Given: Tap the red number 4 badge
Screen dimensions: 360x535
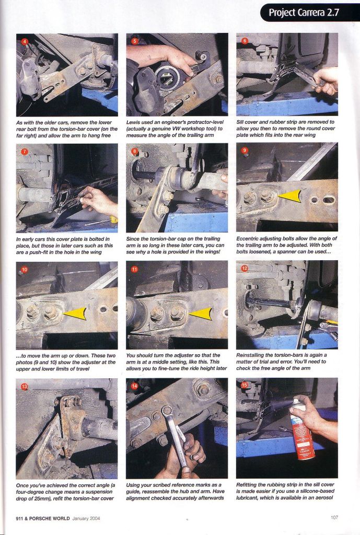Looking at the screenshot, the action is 24,42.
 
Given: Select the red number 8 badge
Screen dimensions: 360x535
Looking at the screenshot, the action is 135,151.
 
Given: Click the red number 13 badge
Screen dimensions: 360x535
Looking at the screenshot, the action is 24,386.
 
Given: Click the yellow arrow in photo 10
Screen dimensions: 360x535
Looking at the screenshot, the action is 74,313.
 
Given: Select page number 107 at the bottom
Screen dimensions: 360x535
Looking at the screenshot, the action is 334,517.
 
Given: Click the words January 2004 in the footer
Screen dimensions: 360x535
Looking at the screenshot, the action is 86,518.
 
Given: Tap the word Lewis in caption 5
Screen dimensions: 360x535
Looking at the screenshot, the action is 133,122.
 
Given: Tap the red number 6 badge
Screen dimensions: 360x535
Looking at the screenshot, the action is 245,41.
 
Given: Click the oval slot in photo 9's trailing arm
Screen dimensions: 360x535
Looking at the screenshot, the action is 328,199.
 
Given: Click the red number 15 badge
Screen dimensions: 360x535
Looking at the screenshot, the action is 245,385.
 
